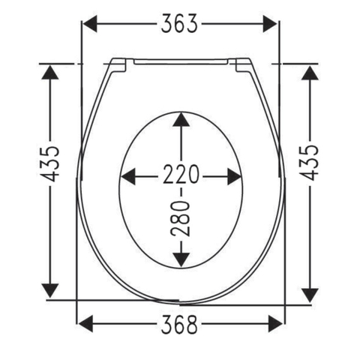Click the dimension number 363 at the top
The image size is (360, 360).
(x=179, y=24)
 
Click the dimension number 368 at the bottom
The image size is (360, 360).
(x=179, y=324)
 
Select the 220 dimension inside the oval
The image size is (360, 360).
(x=181, y=174)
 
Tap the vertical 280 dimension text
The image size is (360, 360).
(x=181, y=218)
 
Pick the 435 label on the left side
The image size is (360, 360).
(x=50, y=163)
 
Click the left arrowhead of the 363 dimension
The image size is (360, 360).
(x=90, y=24)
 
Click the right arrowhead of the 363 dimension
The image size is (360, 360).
(x=270, y=24)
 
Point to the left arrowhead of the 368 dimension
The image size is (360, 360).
(x=85, y=324)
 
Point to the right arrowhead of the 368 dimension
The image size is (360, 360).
(x=275, y=324)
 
